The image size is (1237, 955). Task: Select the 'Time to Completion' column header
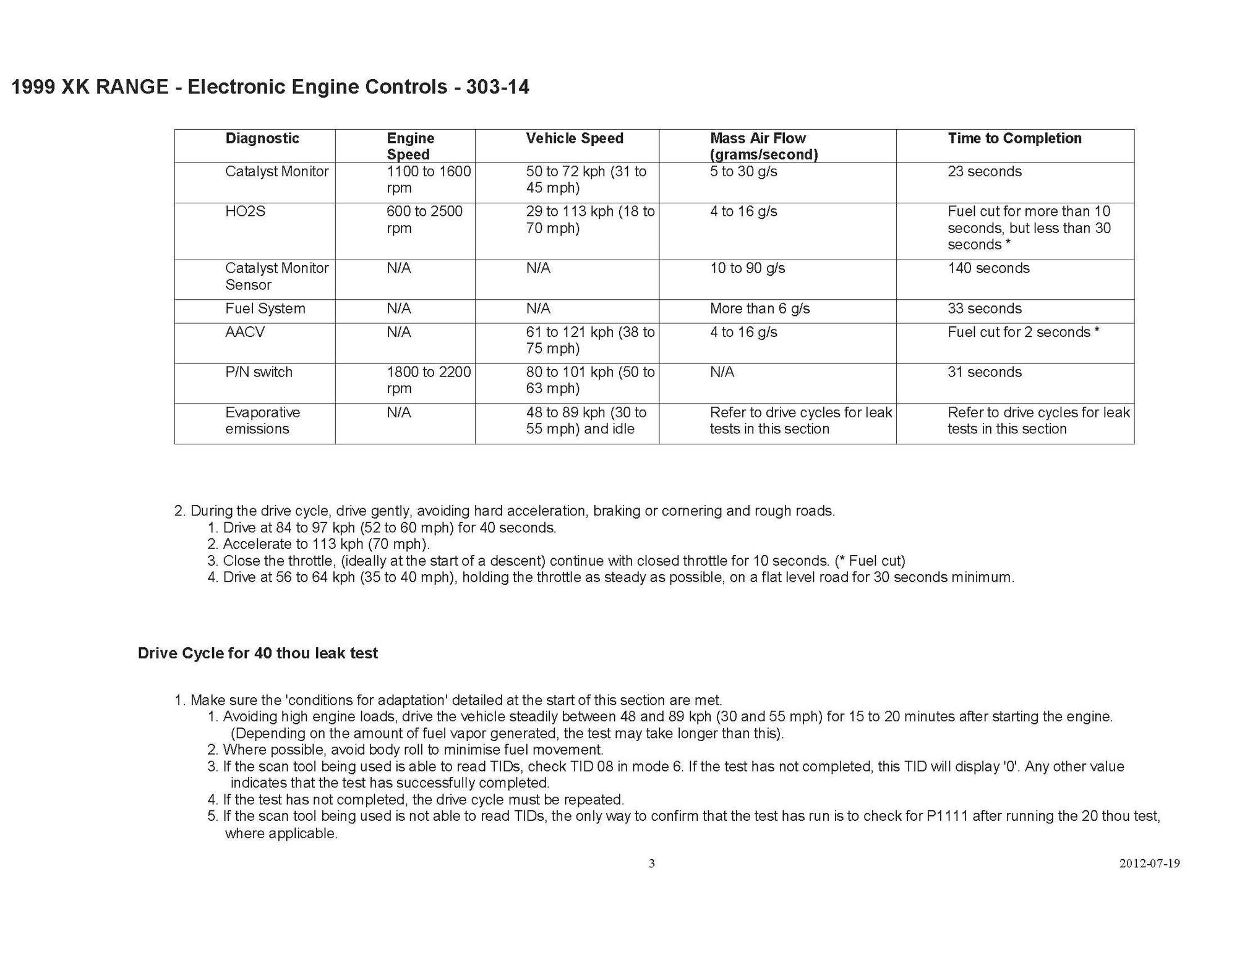(x=1014, y=138)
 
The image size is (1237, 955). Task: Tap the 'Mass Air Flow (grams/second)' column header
(x=763, y=146)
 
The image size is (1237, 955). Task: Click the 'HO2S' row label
(x=245, y=211)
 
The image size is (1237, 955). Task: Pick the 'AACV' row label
(x=245, y=332)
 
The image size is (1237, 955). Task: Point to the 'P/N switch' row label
(x=259, y=372)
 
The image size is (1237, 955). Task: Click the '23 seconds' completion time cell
(x=984, y=171)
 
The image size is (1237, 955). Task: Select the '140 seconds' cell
(x=988, y=268)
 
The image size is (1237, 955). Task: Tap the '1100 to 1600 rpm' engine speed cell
(x=428, y=179)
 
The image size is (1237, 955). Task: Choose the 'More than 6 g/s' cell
(x=760, y=308)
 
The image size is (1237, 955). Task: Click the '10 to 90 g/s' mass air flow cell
(x=747, y=268)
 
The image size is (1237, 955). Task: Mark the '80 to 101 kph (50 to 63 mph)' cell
(x=589, y=380)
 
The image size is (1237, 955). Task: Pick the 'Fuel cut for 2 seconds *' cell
(x=1023, y=332)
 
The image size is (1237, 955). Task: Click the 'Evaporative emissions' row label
(x=262, y=420)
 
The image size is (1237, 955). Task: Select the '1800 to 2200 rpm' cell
(x=428, y=380)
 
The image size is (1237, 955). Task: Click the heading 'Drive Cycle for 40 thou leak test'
(x=257, y=653)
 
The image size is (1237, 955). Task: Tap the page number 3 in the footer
(x=651, y=864)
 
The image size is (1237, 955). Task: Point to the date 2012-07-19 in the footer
(x=1149, y=864)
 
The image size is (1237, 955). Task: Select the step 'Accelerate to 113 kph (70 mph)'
(x=325, y=544)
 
